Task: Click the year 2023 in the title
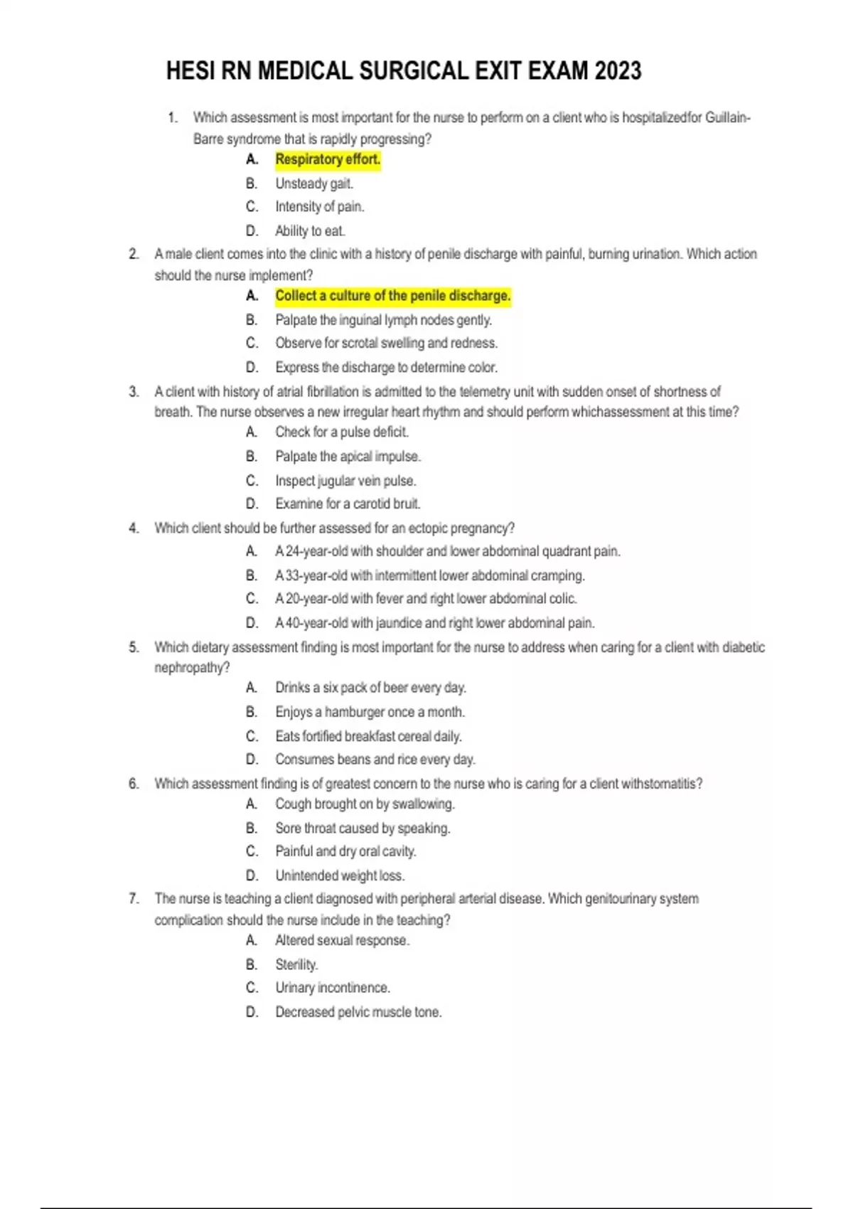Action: click(x=618, y=71)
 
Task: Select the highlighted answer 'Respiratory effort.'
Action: click(x=328, y=159)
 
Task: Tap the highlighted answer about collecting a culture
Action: click(x=392, y=296)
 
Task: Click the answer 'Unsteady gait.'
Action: click(x=314, y=183)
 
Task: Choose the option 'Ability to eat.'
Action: click(x=310, y=230)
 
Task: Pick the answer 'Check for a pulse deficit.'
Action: click(x=342, y=432)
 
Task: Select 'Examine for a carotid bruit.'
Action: click(x=348, y=504)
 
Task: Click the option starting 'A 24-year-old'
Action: click(x=448, y=551)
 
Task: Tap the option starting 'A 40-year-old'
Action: click(x=435, y=623)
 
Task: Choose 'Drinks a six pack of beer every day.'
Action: click(x=370, y=688)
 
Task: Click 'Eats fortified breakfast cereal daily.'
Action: click(x=368, y=736)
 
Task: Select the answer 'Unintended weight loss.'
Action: click(x=340, y=875)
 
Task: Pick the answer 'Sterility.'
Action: click(x=296, y=964)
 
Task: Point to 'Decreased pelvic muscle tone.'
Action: click(x=358, y=1012)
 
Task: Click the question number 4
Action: click(x=134, y=528)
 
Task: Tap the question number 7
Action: click(x=134, y=899)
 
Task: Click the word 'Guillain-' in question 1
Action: click(x=727, y=117)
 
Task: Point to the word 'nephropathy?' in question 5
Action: click(x=192, y=667)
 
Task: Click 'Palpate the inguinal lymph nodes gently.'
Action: click(x=383, y=320)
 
